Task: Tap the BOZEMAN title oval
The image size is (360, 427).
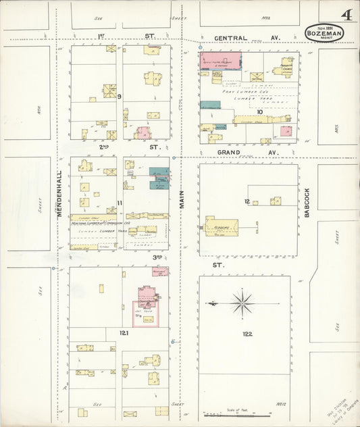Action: pyautogui.click(x=324, y=32)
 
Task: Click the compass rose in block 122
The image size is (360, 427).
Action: pyautogui.click(x=240, y=303)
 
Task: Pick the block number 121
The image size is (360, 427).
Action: pyautogui.click(x=124, y=333)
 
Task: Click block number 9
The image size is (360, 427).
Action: pyautogui.click(x=119, y=97)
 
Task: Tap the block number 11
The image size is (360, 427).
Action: pyautogui.click(x=119, y=202)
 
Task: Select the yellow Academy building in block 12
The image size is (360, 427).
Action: pyautogui.click(x=222, y=227)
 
